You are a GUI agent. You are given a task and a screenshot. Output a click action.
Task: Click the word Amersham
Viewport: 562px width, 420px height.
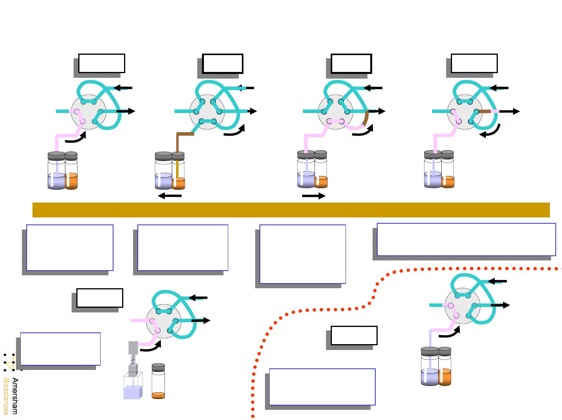point(15,396)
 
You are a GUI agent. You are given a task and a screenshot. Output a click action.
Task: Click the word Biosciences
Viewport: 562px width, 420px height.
point(6,396)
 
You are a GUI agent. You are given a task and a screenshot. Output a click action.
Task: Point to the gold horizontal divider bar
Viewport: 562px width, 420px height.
point(291,210)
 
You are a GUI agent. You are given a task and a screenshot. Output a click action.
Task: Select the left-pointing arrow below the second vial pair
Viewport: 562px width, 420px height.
point(170,196)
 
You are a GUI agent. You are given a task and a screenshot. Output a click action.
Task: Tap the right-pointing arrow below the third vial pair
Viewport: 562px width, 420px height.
point(313,196)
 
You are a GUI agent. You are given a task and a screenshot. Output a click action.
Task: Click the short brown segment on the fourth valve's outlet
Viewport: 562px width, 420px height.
point(485,111)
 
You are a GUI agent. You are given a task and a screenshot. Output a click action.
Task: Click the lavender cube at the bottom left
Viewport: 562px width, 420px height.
point(132,392)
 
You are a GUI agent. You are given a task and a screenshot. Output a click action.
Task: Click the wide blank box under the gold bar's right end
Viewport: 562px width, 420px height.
point(466,239)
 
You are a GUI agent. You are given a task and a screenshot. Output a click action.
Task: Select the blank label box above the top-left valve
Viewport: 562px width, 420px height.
point(101,63)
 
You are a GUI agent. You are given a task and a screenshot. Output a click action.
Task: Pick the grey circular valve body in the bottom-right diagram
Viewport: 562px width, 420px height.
point(462,306)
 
